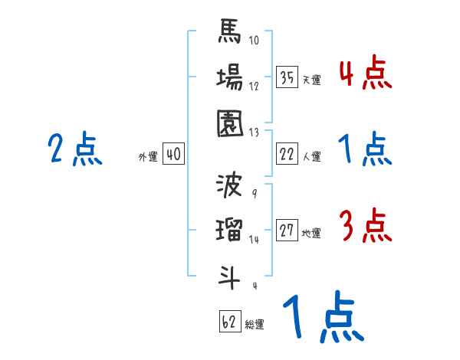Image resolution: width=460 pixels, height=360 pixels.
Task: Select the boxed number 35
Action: click(287, 77)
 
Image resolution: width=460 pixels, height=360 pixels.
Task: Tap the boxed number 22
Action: click(287, 154)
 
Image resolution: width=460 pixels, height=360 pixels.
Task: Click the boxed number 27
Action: click(287, 231)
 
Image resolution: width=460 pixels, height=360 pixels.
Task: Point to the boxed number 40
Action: click(172, 154)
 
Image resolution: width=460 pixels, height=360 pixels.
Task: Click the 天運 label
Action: click(311, 80)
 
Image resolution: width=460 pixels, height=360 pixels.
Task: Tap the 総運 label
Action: click(255, 325)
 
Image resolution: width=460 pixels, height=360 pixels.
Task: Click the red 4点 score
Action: click(365, 74)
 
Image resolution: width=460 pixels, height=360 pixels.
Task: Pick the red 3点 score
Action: click(365, 226)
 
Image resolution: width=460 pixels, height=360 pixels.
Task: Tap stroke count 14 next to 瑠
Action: click(255, 240)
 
